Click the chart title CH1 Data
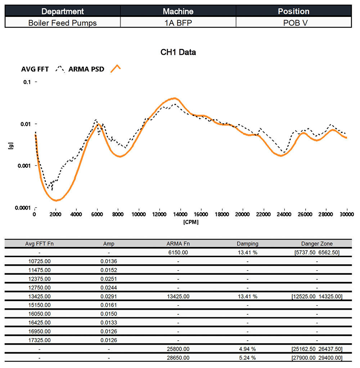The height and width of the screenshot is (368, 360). point(178,52)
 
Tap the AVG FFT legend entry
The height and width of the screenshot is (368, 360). point(35,69)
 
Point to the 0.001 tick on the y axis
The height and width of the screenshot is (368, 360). point(24,166)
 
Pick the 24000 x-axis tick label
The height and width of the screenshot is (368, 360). point(284,214)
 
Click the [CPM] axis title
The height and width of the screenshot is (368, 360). point(190,222)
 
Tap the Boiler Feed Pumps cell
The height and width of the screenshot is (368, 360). point(63,23)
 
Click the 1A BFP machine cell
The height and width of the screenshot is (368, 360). point(178,23)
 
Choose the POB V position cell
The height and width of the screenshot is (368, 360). point(293,23)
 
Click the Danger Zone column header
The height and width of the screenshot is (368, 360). point(317,244)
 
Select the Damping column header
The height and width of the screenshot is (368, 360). point(247,244)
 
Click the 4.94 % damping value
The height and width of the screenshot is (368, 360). point(247,349)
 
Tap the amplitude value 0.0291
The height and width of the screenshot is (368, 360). point(109,296)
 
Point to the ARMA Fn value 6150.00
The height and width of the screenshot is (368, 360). point(178,252)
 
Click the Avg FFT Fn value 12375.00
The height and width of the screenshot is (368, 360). point(40,279)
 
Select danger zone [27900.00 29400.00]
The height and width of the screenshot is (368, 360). point(317,358)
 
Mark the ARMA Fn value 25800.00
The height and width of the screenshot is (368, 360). point(178,349)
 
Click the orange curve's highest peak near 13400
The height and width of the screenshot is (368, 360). point(175,98)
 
